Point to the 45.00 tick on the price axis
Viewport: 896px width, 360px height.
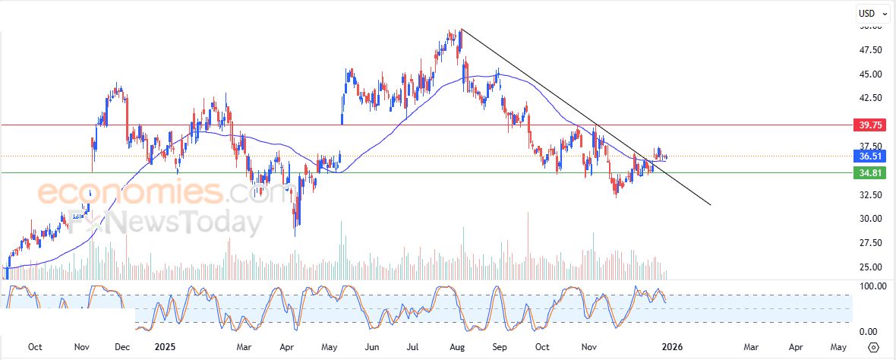click(870, 74)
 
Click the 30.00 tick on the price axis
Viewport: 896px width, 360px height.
click(870, 219)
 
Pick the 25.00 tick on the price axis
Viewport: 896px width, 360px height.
click(870, 267)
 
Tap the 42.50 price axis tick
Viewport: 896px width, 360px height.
click(870, 98)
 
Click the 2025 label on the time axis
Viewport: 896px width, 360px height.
click(165, 347)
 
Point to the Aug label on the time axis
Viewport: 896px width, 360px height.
click(457, 347)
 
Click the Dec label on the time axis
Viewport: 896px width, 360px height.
click(121, 347)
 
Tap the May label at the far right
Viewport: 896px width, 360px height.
click(838, 347)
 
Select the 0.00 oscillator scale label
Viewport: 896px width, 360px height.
click(870, 332)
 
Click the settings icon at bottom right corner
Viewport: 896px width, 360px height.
click(873, 347)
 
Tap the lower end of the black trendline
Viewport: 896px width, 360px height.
click(710, 204)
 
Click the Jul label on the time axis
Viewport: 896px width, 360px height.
click(415, 347)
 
